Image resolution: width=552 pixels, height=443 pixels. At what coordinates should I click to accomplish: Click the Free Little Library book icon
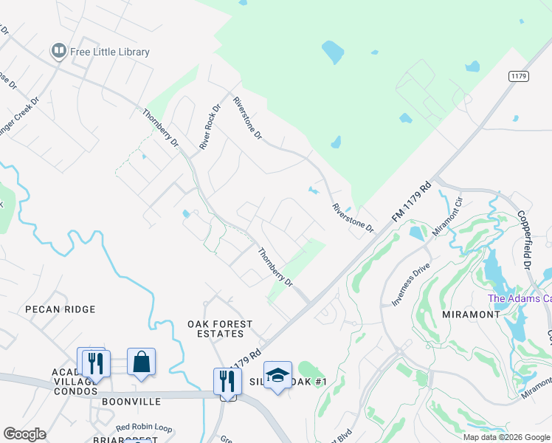coord(58,51)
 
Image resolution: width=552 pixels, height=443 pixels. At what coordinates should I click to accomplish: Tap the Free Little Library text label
coord(110,52)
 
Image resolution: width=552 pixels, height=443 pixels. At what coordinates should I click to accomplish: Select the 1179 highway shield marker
coord(517,76)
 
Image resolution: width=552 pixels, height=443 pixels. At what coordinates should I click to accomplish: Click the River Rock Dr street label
coord(210,127)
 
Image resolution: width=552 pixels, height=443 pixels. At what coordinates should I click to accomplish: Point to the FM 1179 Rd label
coord(410,201)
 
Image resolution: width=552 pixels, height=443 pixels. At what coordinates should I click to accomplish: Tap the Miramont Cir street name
coord(448,216)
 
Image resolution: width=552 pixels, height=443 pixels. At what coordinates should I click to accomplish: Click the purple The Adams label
coord(520,298)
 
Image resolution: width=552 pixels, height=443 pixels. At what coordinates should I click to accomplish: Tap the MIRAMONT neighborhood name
coord(471,314)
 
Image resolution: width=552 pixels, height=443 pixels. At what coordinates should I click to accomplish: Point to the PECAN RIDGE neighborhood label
coord(51,309)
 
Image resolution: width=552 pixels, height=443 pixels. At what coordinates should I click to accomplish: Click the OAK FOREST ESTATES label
coord(220,329)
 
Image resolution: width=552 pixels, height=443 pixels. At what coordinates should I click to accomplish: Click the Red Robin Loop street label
coord(143,427)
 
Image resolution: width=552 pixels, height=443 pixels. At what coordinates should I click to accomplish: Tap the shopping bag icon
coord(141,363)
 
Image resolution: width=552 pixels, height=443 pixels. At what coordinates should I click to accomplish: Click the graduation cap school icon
coord(277,375)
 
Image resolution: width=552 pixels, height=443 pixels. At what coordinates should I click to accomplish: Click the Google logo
coord(24,434)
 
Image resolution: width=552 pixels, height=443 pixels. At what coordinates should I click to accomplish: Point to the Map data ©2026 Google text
coord(506,437)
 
